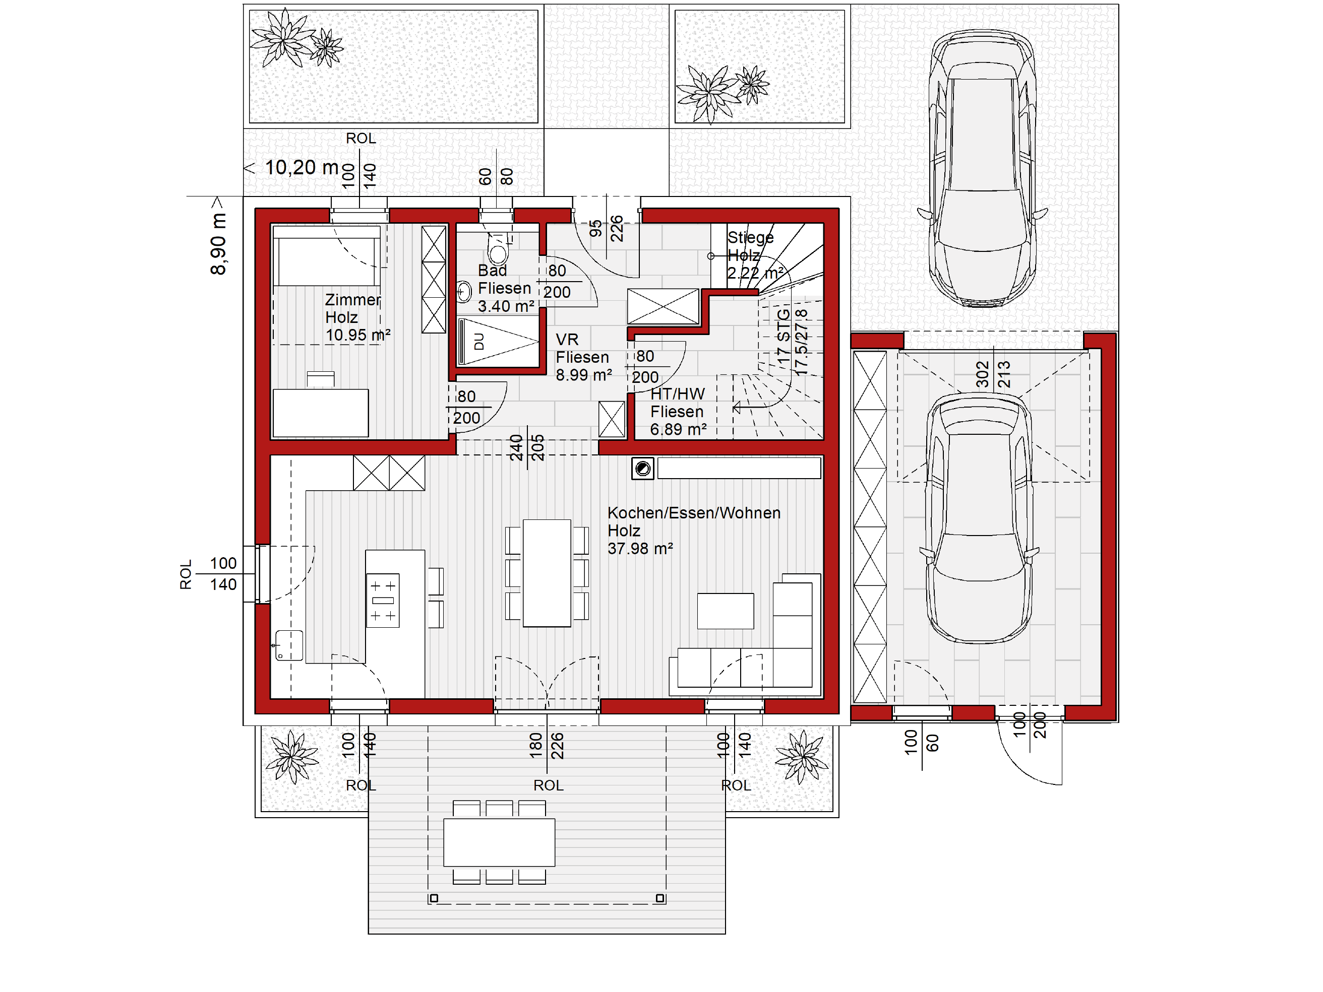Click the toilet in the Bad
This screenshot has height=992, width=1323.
point(498,248)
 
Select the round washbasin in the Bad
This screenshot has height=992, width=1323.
point(463,292)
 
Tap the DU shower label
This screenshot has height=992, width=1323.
point(478,342)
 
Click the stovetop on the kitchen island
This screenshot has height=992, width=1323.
point(383,600)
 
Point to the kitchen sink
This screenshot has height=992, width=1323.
point(289,645)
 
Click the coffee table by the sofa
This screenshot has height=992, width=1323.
point(726,611)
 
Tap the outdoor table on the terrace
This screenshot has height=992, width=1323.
point(499,842)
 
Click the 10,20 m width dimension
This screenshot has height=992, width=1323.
point(302,168)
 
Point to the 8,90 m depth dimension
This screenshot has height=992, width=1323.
point(218,244)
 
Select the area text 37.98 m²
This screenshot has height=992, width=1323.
point(640,549)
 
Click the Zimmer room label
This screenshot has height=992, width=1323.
point(353,299)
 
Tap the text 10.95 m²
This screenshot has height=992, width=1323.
point(357,335)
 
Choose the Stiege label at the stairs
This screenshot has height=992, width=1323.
point(750,238)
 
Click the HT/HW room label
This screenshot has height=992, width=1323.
point(678,394)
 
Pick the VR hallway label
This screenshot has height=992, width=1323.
point(567,340)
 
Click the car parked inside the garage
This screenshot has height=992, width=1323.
point(979,517)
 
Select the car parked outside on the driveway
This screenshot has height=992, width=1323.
point(982,168)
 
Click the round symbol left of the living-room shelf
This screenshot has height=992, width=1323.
point(643,469)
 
